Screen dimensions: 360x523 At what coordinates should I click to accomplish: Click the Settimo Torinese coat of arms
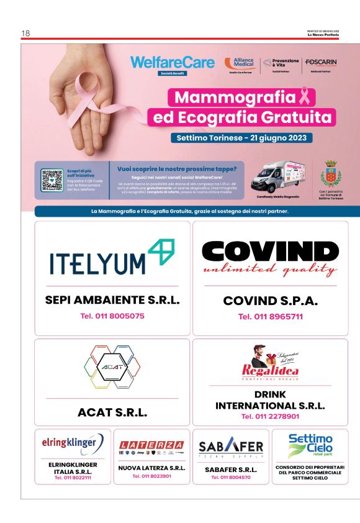(330, 173)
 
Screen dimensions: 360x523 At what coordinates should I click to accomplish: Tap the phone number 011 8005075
(112, 316)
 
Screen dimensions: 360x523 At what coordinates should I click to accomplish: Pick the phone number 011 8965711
(270, 316)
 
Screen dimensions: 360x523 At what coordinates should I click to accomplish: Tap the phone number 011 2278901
(270, 417)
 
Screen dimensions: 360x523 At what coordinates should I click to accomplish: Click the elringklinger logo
(73, 443)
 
